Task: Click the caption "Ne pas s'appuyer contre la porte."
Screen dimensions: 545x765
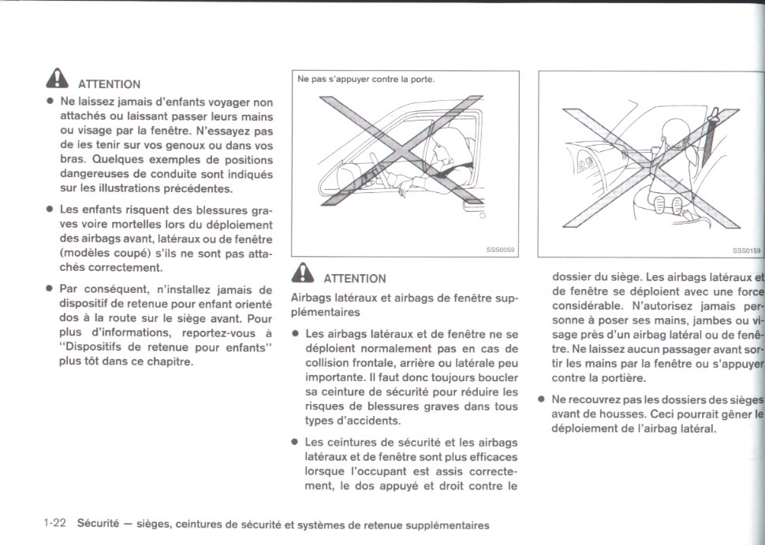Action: click(x=366, y=79)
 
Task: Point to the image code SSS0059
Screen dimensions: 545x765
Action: click(x=500, y=250)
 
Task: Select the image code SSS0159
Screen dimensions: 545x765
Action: click(x=747, y=250)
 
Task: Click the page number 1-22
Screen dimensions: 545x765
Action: click(x=54, y=525)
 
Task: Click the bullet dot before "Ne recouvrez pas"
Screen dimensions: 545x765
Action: click(x=542, y=399)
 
